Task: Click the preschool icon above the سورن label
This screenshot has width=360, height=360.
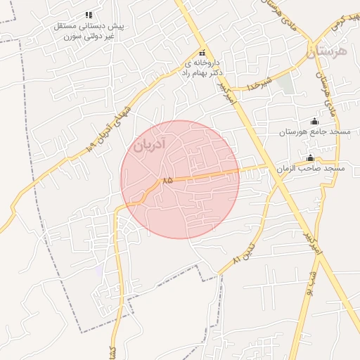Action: pos(89,14)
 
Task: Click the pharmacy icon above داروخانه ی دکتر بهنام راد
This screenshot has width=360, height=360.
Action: pos(202,53)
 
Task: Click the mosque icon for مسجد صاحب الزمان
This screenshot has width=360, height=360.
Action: pos(309,157)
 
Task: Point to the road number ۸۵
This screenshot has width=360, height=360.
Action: pos(167,181)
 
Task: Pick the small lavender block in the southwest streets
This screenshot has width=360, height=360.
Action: pos(99,269)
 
